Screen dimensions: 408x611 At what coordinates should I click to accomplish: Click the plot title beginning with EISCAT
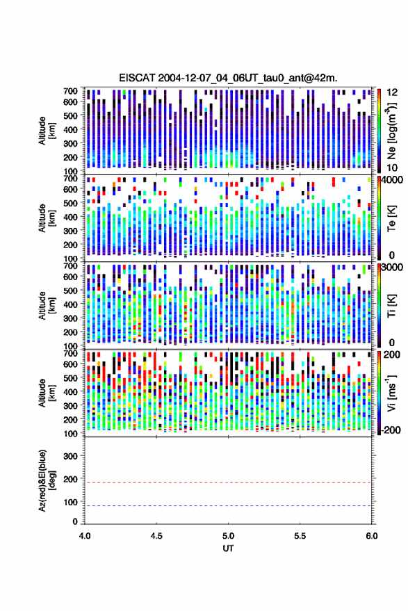228,78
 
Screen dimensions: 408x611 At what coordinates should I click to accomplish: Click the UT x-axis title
228,548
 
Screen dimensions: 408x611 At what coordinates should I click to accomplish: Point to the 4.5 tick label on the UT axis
156,536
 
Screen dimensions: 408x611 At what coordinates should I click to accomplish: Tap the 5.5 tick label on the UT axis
300,536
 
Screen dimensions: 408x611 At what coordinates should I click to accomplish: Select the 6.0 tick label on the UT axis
371,536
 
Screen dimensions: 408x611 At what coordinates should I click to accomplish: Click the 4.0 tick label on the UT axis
85,536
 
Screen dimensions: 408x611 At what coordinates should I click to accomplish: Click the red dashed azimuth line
228,482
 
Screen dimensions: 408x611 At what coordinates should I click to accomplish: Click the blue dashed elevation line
228,506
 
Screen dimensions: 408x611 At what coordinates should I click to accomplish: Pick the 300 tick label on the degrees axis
70,456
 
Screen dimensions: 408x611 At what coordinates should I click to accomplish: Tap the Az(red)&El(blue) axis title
47,480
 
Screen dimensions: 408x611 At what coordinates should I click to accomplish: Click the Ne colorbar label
391,131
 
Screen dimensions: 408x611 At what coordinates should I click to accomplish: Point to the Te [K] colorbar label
391,218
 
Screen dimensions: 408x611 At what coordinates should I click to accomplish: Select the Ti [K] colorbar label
391,306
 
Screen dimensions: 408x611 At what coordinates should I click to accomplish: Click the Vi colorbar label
391,393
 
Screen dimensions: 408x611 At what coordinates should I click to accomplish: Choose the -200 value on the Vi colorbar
391,430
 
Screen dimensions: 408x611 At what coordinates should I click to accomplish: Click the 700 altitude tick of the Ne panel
70,91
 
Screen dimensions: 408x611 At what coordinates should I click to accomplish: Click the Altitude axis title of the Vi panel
47,393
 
